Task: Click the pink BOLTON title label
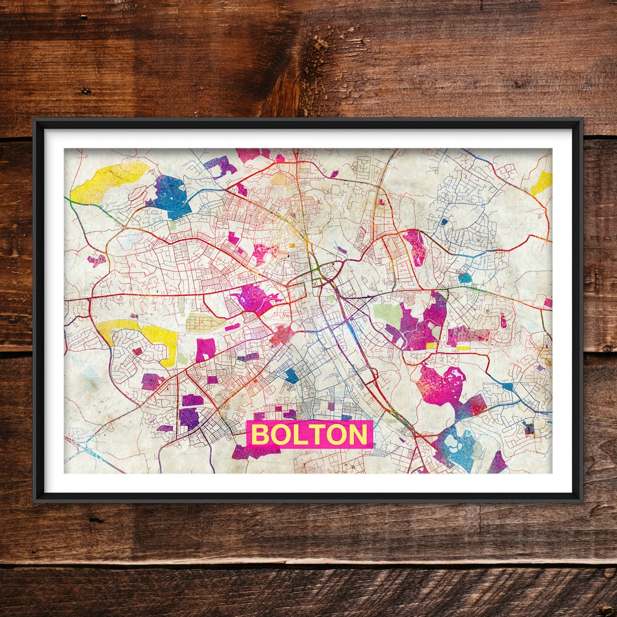coord(310,435)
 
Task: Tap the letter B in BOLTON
coord(260,435)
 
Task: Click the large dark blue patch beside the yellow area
coord(170,196)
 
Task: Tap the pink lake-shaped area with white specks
coord(440,386)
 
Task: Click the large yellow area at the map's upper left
coord(109,182)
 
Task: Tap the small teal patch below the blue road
coord(466,278)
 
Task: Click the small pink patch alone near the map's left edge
coord(97,260)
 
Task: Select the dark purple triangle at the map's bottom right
coord(498,463)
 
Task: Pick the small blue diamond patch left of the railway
coord(292,375)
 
